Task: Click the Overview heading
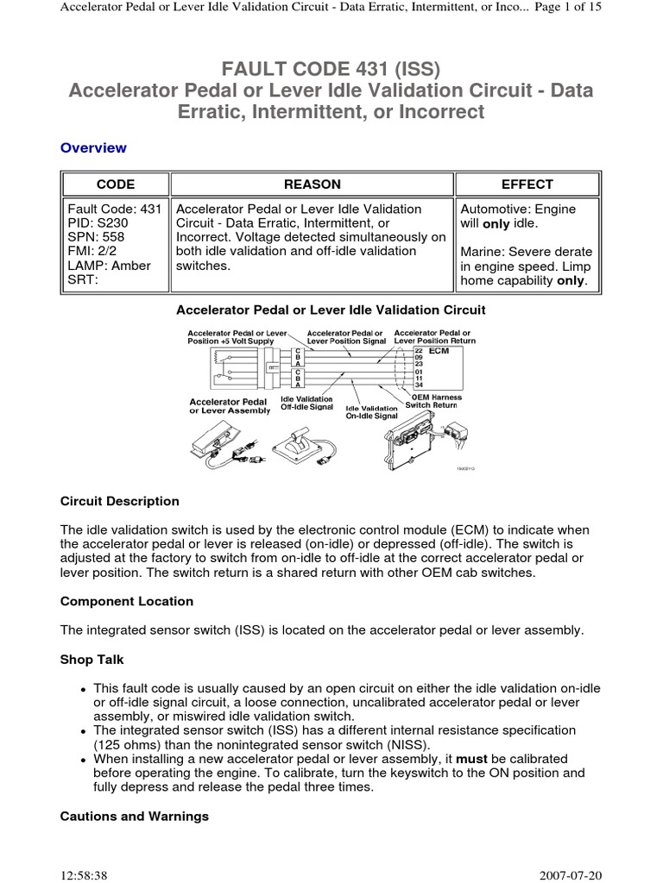click(93, 147)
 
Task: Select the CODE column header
click(115, 185)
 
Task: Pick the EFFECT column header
click(527, 185)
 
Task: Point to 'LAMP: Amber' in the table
click(109, 266)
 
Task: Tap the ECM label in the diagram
click(439, 352)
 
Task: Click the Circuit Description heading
click(120, 501)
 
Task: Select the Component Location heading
click(127, 601)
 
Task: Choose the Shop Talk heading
click(92, 660)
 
